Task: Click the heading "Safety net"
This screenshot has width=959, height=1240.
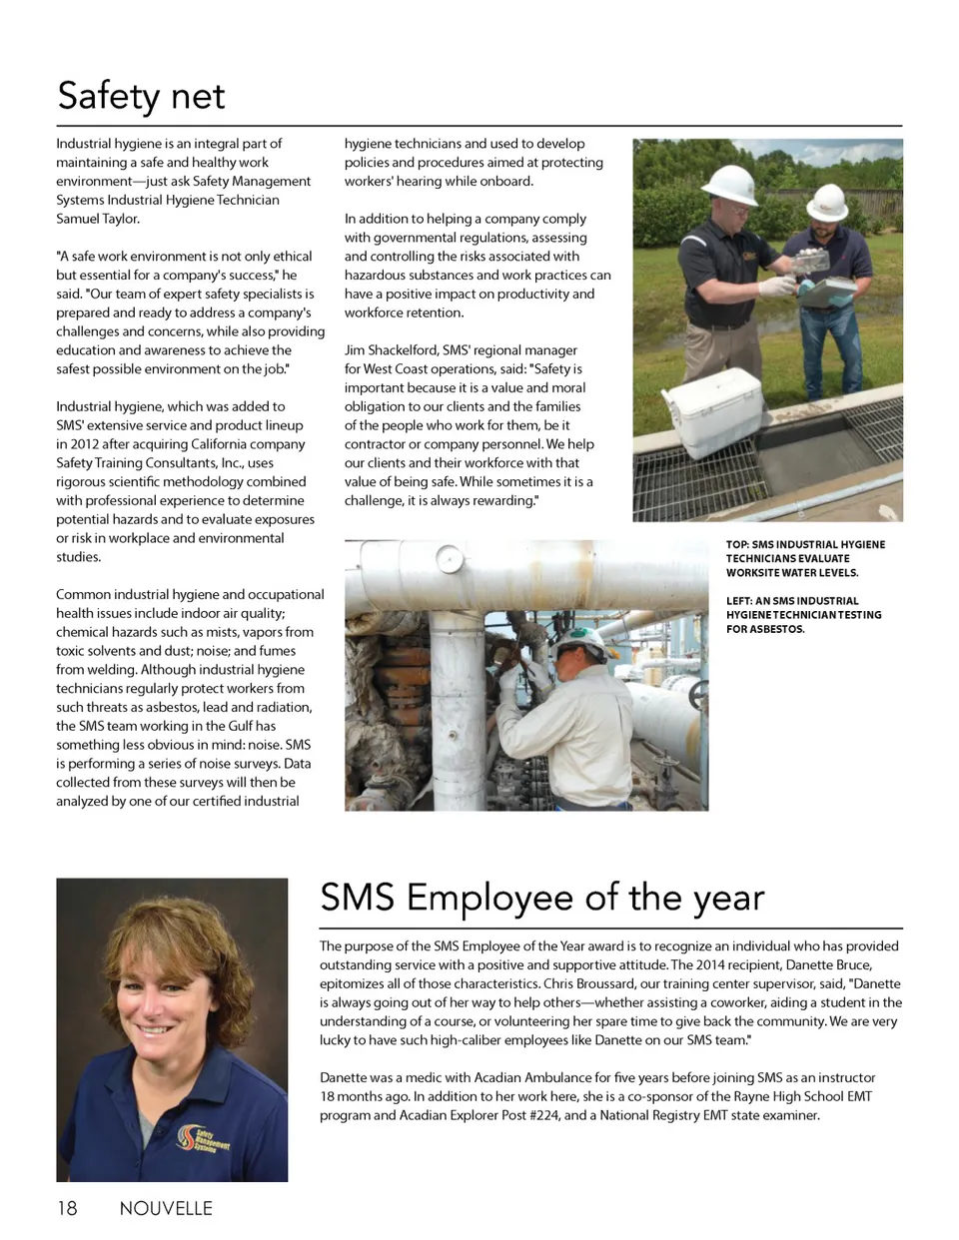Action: [141, 96]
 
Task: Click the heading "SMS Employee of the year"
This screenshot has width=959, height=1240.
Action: [541, 897]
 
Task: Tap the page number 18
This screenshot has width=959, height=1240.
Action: [66, 1208]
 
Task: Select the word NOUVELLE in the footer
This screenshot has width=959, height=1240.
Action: [166, 1208]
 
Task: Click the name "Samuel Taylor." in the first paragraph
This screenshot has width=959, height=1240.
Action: [98, 219]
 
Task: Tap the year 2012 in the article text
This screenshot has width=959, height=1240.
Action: [84, 444]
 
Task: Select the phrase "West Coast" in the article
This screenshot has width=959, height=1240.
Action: [398, 369]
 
